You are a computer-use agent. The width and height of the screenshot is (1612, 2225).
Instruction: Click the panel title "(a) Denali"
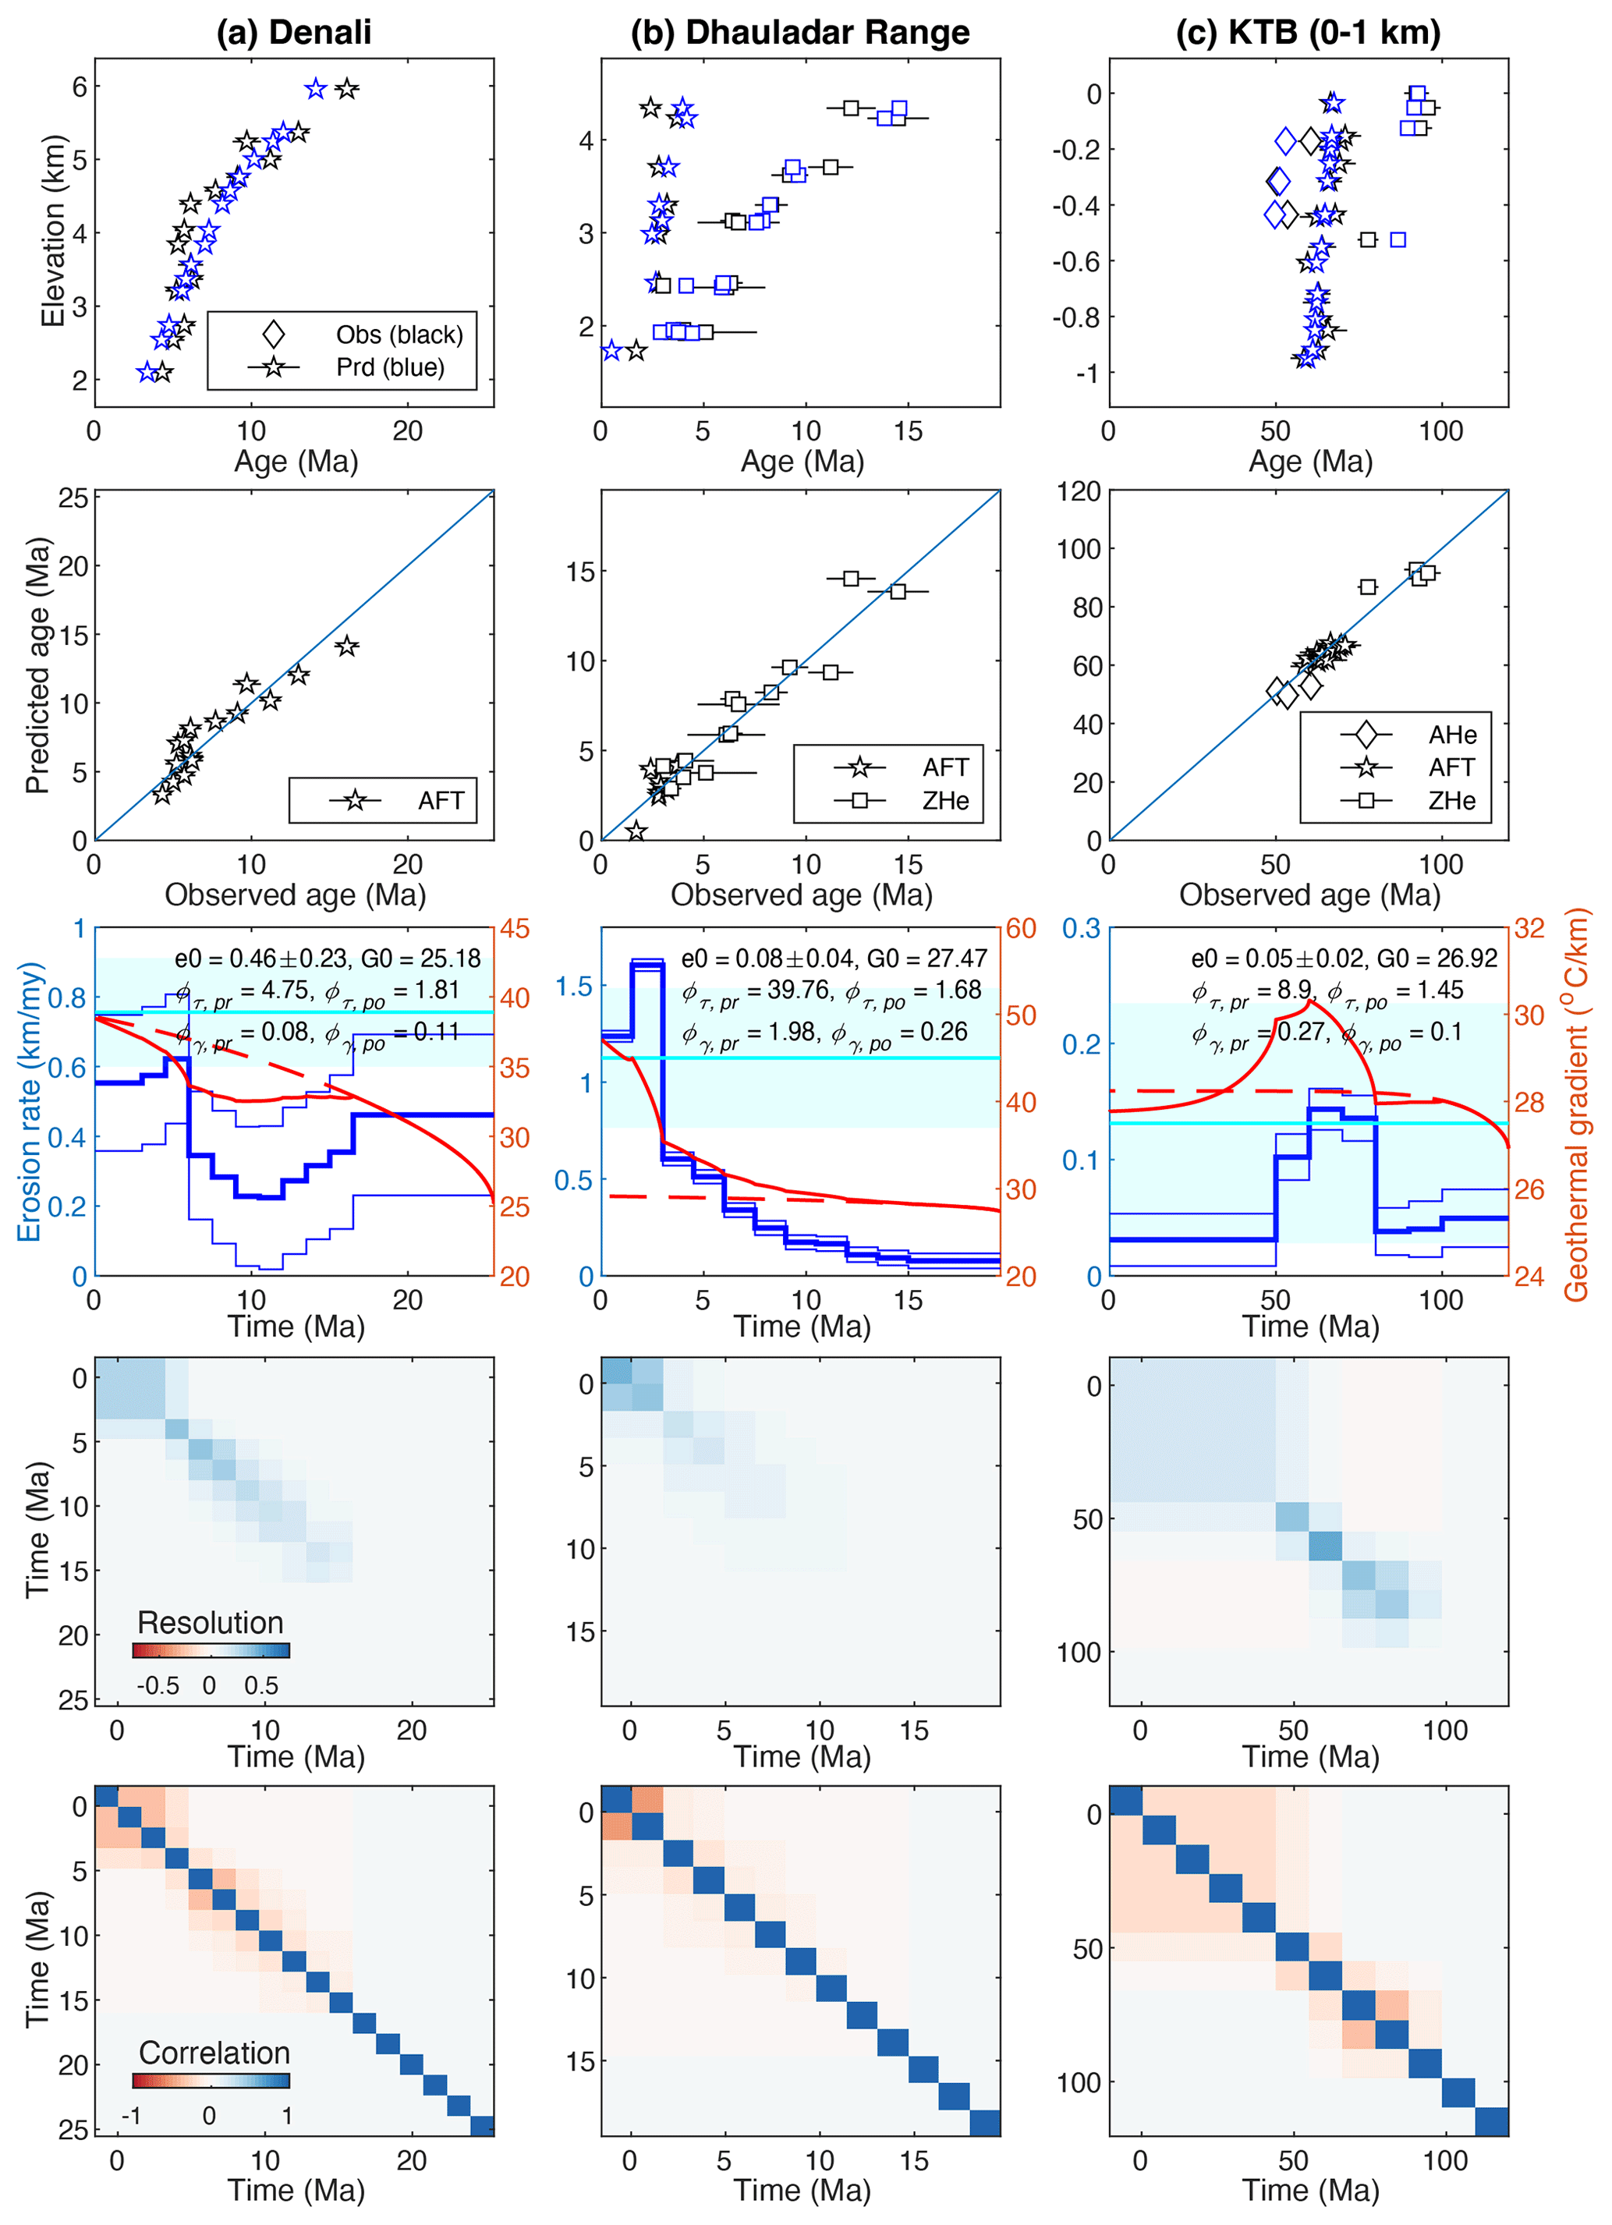[x=293, y=33]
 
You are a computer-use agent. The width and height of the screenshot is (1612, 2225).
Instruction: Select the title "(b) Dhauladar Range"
[x=799, y=33]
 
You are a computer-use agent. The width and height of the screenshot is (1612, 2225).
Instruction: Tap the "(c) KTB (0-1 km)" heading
[x=1308, y=33]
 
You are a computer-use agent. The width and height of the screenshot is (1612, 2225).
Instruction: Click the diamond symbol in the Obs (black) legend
[x=274, y=335]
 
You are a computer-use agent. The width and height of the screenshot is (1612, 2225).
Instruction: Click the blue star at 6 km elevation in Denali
[x=315, y=89]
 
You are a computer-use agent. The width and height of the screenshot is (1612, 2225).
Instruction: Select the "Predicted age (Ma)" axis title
[x=37, y=665]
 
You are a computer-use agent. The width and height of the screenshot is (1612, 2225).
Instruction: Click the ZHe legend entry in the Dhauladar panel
[x=945, y=800]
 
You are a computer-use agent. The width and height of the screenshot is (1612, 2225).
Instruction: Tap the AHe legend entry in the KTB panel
[x=1452, y=735]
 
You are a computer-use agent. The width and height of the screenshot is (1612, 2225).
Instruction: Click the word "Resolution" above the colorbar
[x=210, y=1623]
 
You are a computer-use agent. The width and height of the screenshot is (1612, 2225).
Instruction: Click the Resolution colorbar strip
[x=211, y=1650]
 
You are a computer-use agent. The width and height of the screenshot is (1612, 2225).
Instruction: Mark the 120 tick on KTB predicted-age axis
[x=1079, y=491]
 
